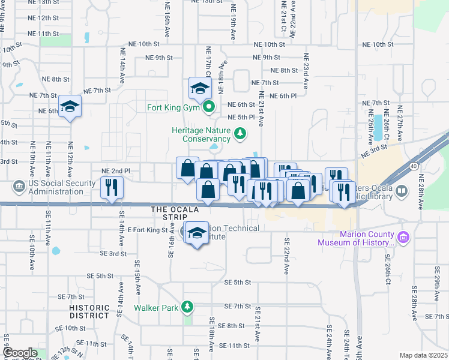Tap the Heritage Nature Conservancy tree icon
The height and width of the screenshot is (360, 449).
click(240, 133)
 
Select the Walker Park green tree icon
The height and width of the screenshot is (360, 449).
click(187, 307)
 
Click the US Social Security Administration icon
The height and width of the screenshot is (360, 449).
click(20, 186)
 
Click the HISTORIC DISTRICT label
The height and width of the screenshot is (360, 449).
click(89, 311)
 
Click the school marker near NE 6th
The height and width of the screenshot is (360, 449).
click(70, 107)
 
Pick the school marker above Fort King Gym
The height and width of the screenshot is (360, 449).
click(199, 89)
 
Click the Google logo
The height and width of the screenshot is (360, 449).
click(20, 353)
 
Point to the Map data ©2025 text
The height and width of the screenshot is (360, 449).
click(423, 355)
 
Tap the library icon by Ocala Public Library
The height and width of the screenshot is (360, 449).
click(402, 191)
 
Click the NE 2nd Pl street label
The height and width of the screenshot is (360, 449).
click(116, 171)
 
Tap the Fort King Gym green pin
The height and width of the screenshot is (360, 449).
click(209, 108)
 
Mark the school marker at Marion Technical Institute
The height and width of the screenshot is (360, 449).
click(196, 233)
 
